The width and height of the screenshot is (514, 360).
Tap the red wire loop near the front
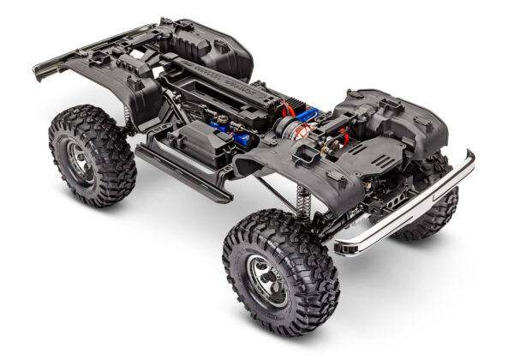pos(343,135)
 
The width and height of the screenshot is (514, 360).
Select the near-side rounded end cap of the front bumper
pos(347,247)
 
